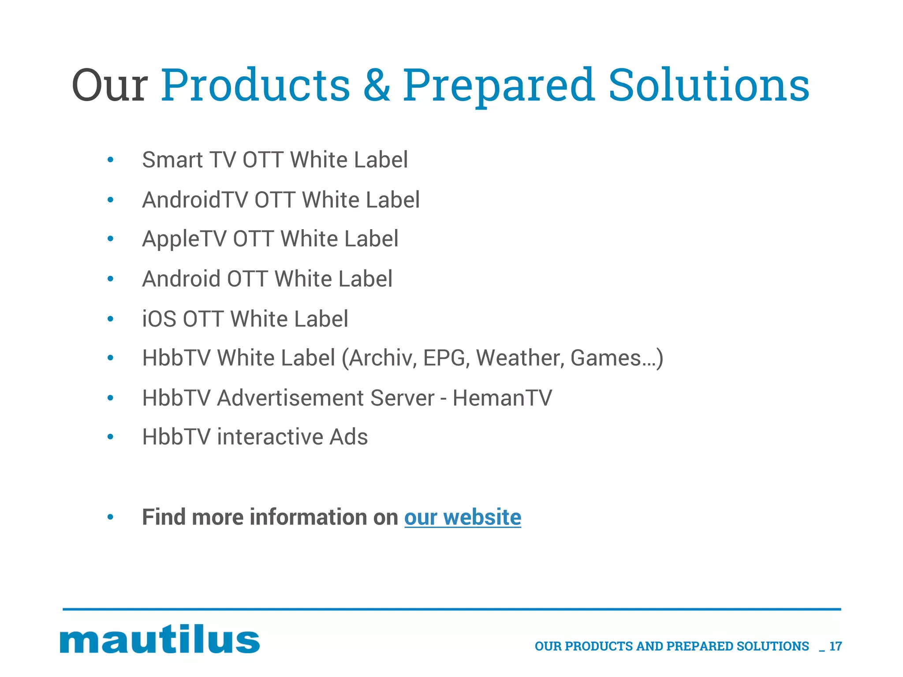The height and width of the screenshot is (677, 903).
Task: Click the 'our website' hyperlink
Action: pyautogui.click(x=463, y=517)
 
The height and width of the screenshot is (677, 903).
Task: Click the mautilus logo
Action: pyautogui.click(x=160, y=640)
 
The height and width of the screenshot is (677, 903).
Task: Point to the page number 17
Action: pyautogui.click(x=836, y=646)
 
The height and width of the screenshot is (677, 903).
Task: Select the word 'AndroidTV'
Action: pyautogui.click(x=195, y=200)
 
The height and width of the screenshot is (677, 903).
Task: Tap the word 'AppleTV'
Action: pyautogui.click(x=184, y=239)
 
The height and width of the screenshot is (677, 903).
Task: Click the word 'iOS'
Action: pyautogui.click(x=159, y=319)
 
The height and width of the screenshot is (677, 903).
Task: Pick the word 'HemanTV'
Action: pyautogui.click(x=502, y=398)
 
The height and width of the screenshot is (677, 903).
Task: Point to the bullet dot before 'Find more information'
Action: pyautogui.click(x=111, y=517)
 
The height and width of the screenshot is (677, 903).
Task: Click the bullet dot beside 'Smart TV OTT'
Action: pyautogui.click(x=111, y=160)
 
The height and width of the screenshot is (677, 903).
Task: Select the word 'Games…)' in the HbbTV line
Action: pyautogui.click(x=616, y=358)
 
